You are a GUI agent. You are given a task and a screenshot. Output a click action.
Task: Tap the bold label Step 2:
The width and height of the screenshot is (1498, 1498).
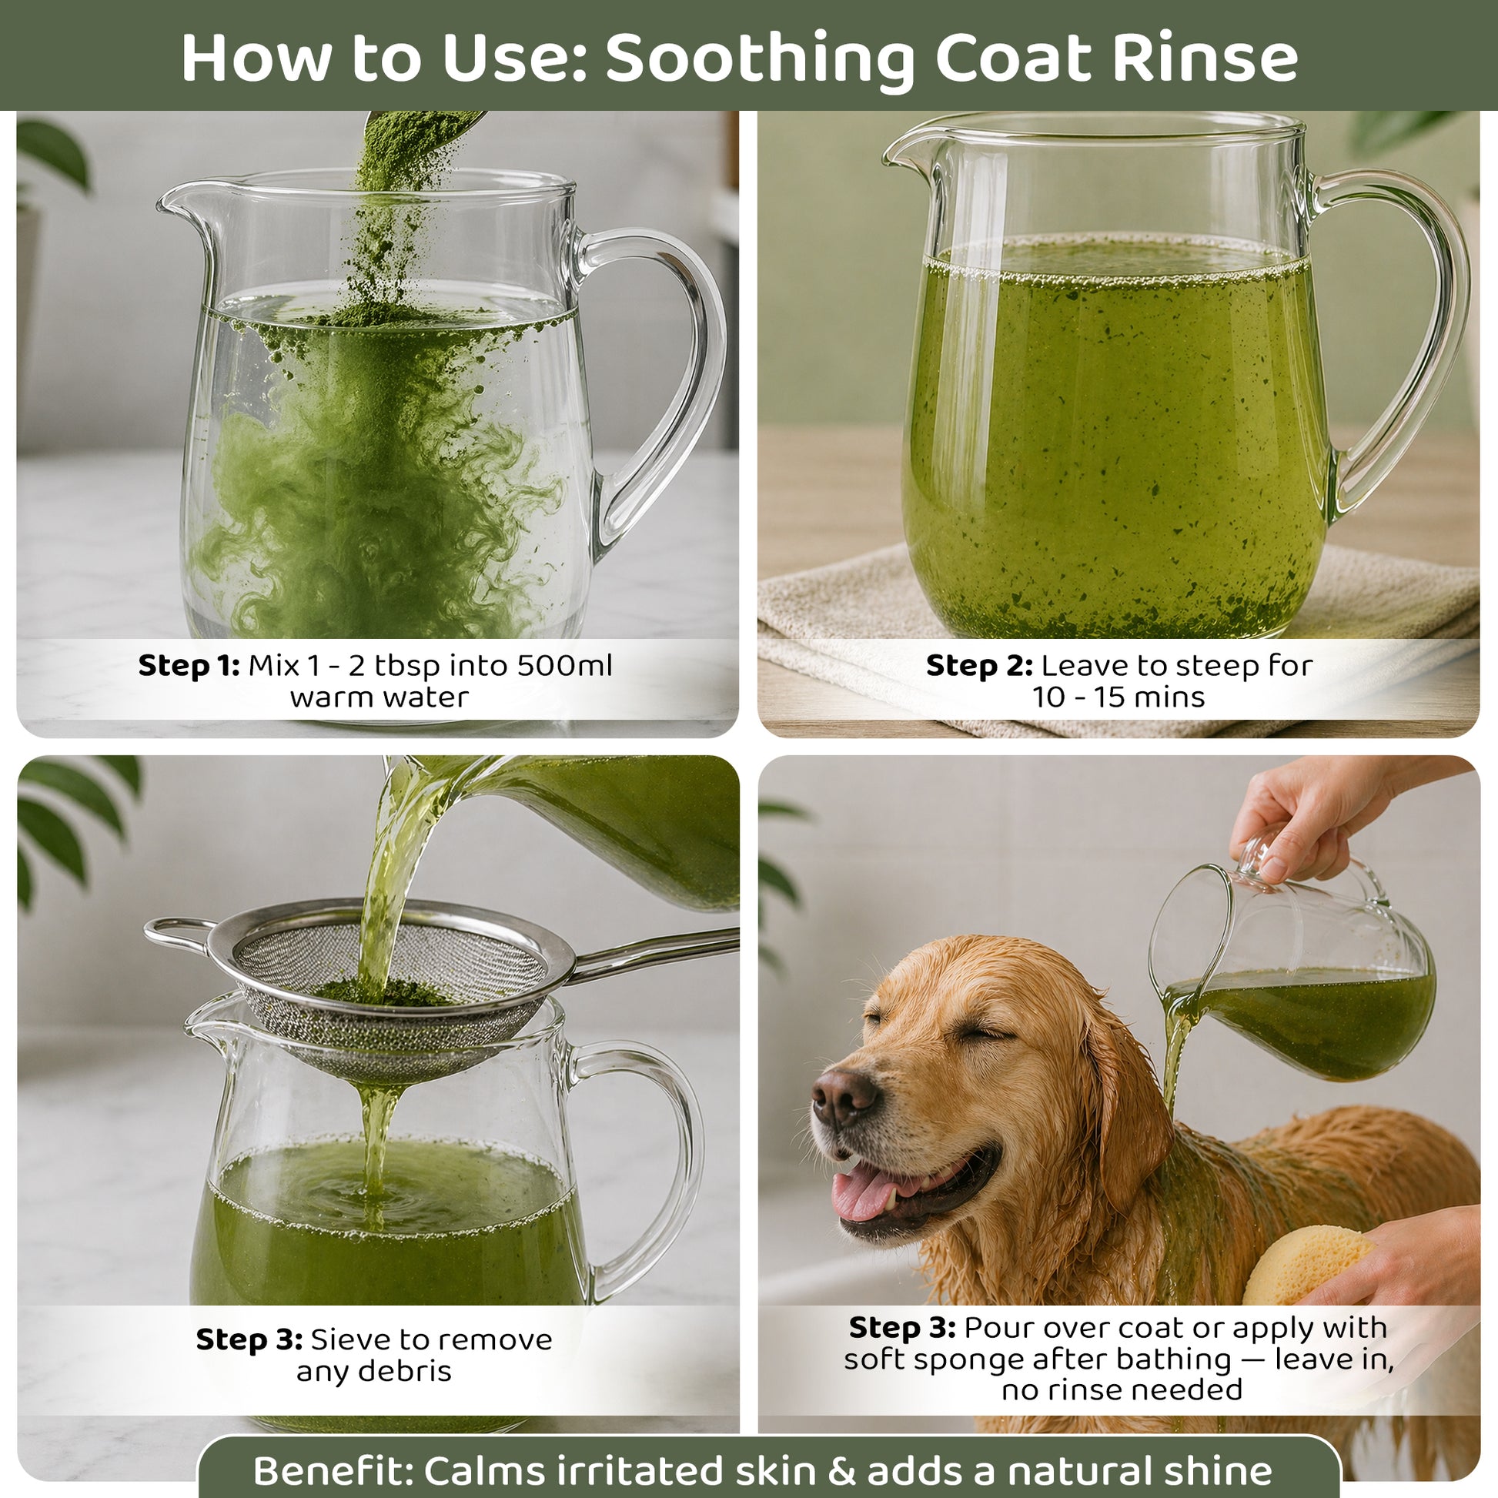979,666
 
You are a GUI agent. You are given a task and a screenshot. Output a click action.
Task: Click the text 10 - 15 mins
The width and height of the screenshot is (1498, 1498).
1118,697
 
